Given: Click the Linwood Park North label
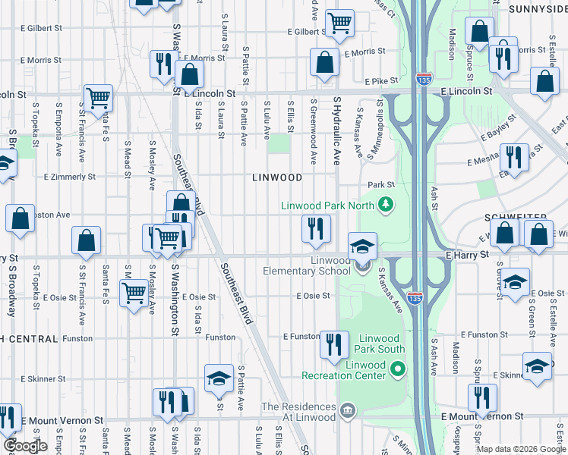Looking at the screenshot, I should point(327,206).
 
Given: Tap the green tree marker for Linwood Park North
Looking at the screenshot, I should point(387,204).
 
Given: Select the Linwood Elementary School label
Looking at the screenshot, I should point(307,265).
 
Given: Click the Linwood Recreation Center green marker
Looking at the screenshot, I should point(397,369).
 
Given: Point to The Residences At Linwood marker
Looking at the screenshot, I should point(348,411).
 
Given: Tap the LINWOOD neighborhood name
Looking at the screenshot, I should point(277,177).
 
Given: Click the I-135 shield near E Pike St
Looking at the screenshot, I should point(423,80).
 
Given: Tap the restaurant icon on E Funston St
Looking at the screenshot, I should point(334,346).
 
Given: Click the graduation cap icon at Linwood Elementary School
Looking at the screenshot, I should point(362,246).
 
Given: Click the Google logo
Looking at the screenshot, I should point(26,447).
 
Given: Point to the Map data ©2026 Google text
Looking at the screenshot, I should point(520,449).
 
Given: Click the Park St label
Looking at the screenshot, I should point(381,184).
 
